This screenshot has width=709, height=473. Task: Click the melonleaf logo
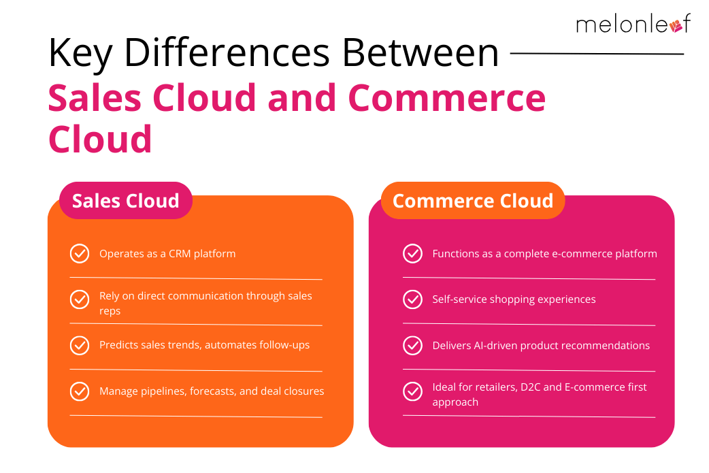click(633, 24)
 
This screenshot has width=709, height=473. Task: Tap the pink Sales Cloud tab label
click(126, 200)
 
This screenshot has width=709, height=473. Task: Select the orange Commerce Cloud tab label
click(473, 200)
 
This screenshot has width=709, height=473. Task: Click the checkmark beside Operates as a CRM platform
click(80, 254)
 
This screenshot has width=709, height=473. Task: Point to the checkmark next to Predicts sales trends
click(80, 346)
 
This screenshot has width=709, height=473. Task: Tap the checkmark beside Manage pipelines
click(80, 391)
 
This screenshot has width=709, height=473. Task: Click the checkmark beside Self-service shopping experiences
click(412, 299)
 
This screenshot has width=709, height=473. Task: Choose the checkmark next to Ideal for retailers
click(412, 391)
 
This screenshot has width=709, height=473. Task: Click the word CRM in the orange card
click(180, 254)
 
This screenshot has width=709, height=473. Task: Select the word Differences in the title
click(227, 53)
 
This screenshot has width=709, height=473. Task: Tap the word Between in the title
click(420, 53)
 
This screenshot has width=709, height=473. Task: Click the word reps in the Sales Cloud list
click(110, 312)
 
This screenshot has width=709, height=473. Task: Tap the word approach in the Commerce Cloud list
click(455, 403)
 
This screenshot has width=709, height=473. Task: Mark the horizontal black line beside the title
click(597, 53)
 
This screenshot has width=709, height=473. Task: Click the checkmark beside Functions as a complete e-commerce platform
click(412, 254)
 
